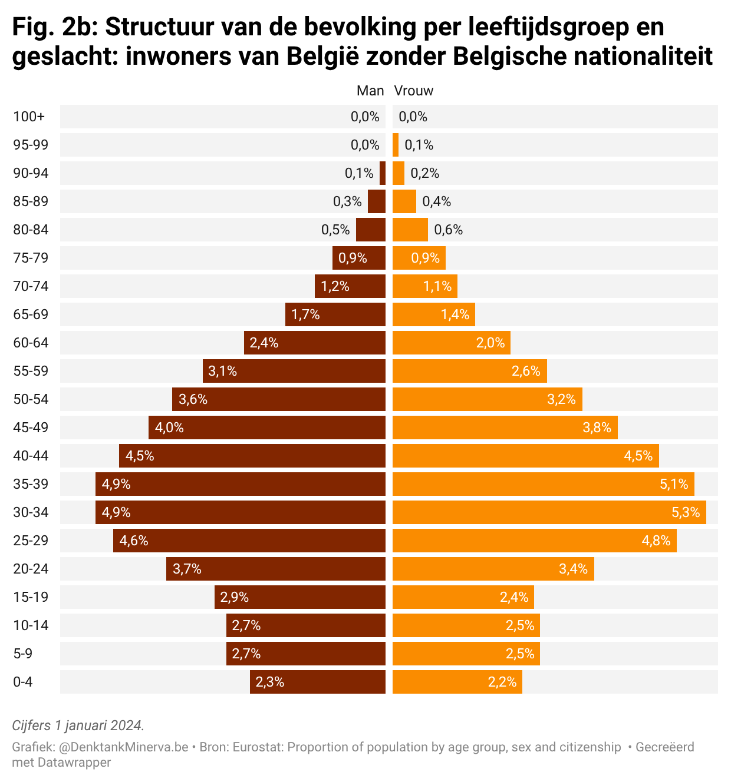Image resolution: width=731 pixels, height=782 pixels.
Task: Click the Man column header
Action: [x=370, y=91]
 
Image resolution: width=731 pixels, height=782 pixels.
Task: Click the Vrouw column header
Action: [x=413, y=91]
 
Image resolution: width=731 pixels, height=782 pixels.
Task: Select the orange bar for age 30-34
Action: [x=548, y=512]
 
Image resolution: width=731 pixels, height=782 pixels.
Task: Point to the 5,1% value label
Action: [x=673, y=484]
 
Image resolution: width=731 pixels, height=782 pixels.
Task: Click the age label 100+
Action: [x=29, y=117]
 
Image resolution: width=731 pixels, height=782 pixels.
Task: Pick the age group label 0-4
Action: [x=23, y=682]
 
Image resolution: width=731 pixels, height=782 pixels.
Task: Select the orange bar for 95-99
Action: [x=396, y=145]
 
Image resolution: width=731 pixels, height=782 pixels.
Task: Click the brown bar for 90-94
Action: [x=383, y=173]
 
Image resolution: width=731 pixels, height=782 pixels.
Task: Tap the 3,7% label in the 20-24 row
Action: [x=187, y=569]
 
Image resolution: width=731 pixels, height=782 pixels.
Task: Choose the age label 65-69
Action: [x=31, y=314]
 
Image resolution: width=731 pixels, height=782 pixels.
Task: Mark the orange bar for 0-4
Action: [x=457, y=682]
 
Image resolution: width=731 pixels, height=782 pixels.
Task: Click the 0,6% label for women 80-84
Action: [x=448, y=230]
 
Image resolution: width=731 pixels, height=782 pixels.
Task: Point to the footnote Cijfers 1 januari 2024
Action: [x=78, y=725]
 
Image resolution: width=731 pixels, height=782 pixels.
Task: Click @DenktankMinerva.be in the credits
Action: [x=124, y=747]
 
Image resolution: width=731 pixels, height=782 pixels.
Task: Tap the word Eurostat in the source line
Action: [x=257, y=747]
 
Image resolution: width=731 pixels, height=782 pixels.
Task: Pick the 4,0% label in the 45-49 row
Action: [x=169, y=428]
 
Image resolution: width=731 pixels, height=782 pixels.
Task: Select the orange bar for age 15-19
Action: [x=463, y=597]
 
